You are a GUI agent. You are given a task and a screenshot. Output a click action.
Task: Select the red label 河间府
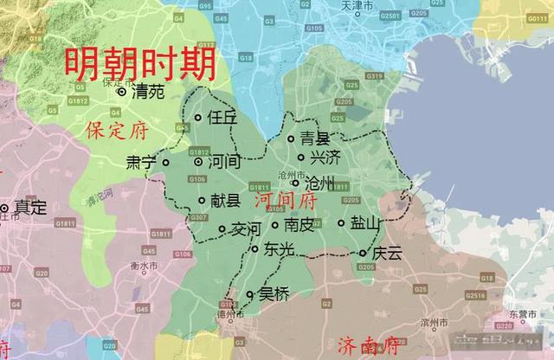tap(287, 201)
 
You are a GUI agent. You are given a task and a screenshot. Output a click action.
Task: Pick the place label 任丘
tap(222, 119)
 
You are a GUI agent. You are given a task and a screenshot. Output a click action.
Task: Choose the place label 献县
tap(225, 201)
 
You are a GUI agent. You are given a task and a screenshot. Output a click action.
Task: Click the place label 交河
tap(245, 230)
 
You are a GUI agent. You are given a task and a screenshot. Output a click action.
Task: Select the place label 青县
tap(315, 138)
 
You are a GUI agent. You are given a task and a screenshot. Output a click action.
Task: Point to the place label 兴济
tap(325, 158)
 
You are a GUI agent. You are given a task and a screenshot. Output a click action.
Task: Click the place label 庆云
tap(387, 254)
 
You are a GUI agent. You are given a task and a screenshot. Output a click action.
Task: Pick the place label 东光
tap(280, 249)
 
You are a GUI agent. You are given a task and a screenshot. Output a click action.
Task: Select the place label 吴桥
tap(274, 294)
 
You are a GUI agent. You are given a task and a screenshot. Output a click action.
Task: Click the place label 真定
tap(31, 208)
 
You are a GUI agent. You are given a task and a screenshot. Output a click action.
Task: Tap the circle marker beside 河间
tap(198, 162)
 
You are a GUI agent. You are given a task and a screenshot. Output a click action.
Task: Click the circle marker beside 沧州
tap(295, 183)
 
